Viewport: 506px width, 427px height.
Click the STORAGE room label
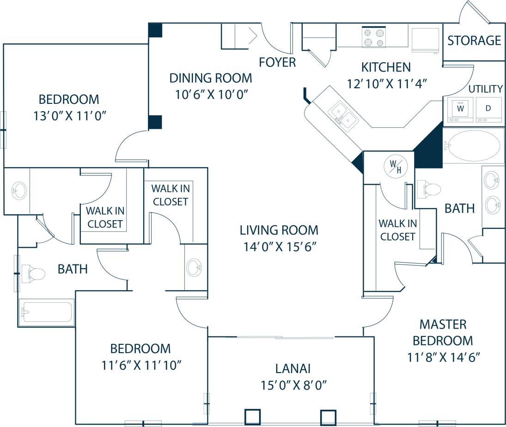(x=474, y=41)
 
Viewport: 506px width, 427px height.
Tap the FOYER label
(x=277, y=62)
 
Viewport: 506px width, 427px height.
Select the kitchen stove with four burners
(x=374, y=38)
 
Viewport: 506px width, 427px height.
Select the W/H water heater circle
(x=396, y=166)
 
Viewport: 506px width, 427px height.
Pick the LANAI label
(x=293, y=368)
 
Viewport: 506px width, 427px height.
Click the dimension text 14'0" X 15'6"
(x=279, y=247)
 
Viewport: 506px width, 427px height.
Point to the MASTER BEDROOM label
(x=443, y=332)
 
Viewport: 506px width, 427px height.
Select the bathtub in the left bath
(x=46, y=313)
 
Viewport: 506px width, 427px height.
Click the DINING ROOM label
(x=210, y=78)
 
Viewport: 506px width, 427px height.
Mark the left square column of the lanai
(x=253, y=417)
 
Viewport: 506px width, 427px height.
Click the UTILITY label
(x=486, y=89)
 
